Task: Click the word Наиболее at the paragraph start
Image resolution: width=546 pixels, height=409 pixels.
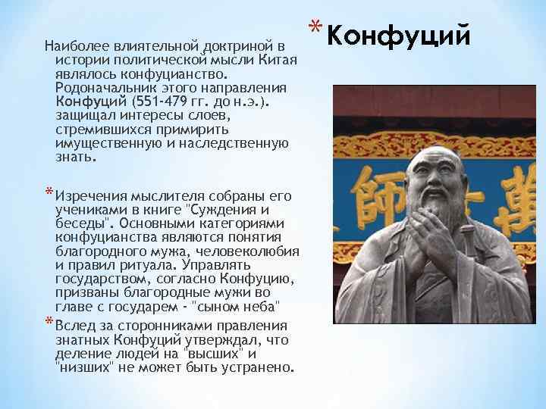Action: click(x=74, y=48)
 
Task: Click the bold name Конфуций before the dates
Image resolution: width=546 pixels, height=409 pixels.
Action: click(x=90, y=102)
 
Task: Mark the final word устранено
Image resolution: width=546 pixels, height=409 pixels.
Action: click(x=259, y=367)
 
